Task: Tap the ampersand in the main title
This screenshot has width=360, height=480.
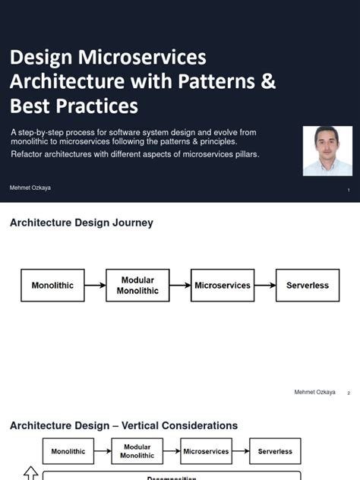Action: coord(268,81)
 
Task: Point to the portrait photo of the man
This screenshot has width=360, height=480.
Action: coord(327,150)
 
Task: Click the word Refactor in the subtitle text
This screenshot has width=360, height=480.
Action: coord(30,154)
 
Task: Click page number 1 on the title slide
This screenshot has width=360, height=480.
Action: coord(349,190)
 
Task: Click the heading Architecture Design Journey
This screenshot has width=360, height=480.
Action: coord(81,223)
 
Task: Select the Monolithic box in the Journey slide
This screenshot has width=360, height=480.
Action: coord(52,286)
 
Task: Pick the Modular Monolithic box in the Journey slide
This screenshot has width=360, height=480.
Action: coord(137,286)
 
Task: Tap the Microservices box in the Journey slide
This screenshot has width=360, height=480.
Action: coord(223,286)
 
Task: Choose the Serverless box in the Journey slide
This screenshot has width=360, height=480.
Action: coord(308,286)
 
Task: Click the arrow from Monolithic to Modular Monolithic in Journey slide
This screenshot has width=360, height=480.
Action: coord(95,286)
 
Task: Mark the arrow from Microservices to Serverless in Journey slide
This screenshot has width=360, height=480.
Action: coord(265,286)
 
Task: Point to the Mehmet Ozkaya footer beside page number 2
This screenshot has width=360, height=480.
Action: coord(314,392)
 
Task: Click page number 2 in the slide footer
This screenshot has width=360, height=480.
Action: coord(349,393)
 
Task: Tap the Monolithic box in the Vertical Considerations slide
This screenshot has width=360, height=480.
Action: coord(68,451)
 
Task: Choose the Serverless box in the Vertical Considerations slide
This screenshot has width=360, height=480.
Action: coord(275,451)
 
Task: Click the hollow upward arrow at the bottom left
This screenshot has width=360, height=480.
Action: coord(31,473)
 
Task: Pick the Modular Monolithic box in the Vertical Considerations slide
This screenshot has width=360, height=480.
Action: coord(137,451)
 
